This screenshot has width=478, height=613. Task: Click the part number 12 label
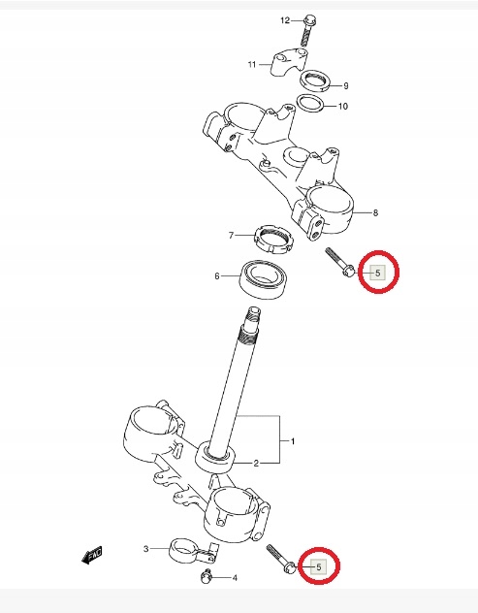285,20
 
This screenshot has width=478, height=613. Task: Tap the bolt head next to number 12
309,18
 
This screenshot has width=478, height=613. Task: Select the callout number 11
252,64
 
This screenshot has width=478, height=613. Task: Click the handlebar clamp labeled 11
289,62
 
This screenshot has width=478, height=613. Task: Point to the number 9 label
345,85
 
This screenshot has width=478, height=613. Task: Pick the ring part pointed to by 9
315,81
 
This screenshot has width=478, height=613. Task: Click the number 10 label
343,106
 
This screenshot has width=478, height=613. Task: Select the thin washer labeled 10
310,103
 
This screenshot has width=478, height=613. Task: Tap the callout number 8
375,212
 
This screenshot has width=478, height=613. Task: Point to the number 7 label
231,236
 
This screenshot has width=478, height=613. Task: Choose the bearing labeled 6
265,280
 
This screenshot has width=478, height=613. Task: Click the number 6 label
217,276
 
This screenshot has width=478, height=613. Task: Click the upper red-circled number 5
377,273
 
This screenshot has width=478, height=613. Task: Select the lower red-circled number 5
319,566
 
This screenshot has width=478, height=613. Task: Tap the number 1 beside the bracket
293,441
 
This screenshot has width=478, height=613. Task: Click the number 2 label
256,464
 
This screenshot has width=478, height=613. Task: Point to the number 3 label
145,549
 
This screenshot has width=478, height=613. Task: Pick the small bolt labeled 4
206,576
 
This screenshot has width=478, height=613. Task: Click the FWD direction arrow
92,555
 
